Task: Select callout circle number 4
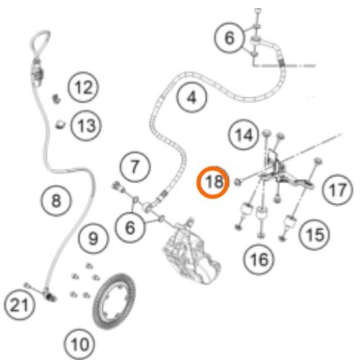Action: pos(192,98)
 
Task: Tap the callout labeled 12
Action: pos(83,87)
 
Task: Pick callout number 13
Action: pos(86,126)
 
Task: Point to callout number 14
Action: pos(244,135)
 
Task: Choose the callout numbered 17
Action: pos(338,189)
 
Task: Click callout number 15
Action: pos(315,234)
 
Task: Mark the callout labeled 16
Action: pos(258,260)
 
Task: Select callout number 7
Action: pos(135,166)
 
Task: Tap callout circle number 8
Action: pos(56,200)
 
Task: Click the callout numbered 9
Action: pos(94,238)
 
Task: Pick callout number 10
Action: pos(79,344)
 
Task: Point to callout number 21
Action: pos(19,305)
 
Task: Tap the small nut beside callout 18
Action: pos(238,182)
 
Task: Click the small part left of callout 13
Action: pos(60,125)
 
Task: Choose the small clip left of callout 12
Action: pos(57,99)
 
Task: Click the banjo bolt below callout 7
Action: pos(119,186)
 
